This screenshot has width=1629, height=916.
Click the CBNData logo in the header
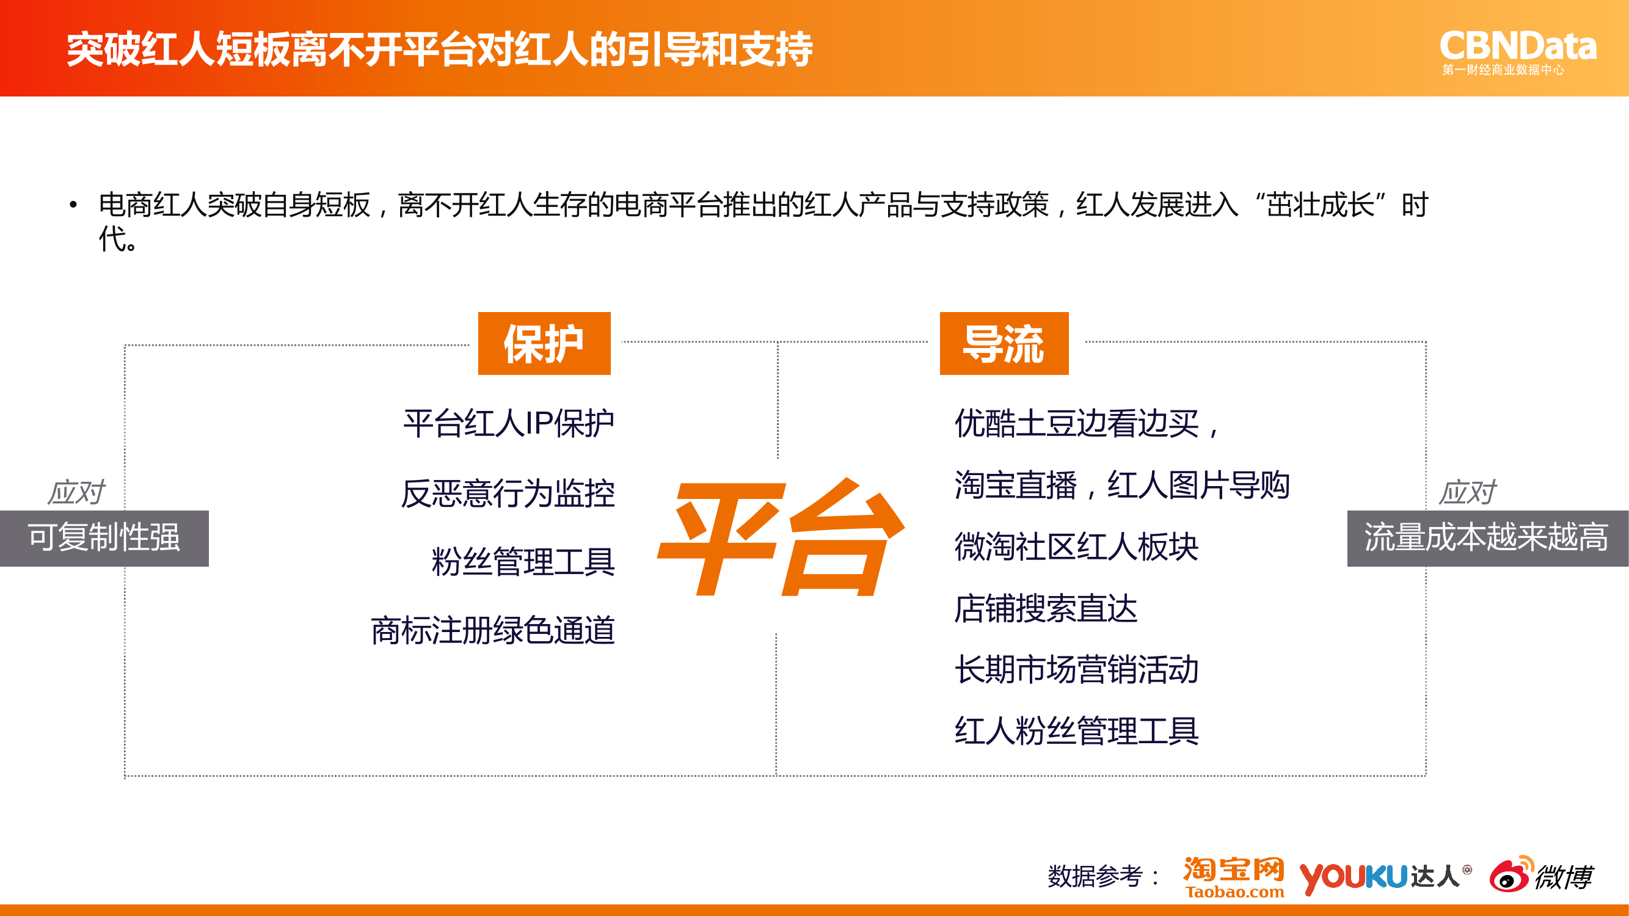point(1518,53)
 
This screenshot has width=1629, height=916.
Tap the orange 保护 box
point(544,343)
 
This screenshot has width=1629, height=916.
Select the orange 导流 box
point(1004,343)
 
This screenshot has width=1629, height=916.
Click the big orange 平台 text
point(782,537)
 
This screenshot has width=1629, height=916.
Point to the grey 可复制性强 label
point(104,538)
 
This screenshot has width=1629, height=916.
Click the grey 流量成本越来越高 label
point(1487,538)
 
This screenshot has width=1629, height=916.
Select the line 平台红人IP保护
point(508,423)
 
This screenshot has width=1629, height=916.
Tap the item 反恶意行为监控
point(508,493)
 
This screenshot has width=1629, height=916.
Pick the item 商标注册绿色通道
point(493,630)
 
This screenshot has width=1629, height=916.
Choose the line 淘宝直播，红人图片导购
point(1122,485)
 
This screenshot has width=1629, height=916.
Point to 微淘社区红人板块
point(1076,546)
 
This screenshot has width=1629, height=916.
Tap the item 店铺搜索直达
point(1046,608)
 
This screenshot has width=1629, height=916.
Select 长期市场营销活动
point(1076,669)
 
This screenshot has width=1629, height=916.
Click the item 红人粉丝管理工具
point(1076,731)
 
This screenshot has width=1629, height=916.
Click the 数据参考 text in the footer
point(1095,876)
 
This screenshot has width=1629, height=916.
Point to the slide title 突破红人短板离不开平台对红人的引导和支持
point(440,49)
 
